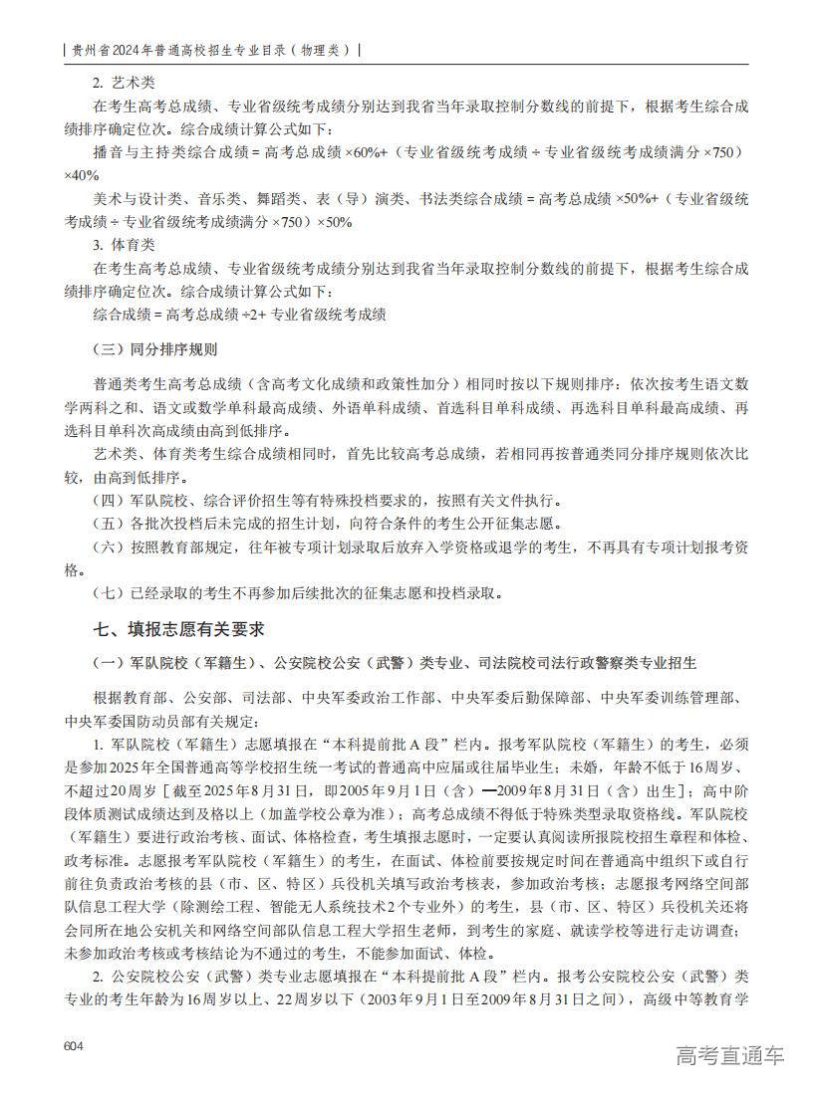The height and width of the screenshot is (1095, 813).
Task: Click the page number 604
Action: coord(72,1046)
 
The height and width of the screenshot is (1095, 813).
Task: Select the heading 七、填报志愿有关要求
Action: coord(178,629)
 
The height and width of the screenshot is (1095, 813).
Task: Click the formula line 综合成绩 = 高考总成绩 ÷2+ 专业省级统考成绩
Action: coord(240,315)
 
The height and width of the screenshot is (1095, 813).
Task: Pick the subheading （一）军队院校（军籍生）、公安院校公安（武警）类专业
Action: coord(395,663)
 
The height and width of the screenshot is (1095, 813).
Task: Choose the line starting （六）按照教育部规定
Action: coord(418,547)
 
